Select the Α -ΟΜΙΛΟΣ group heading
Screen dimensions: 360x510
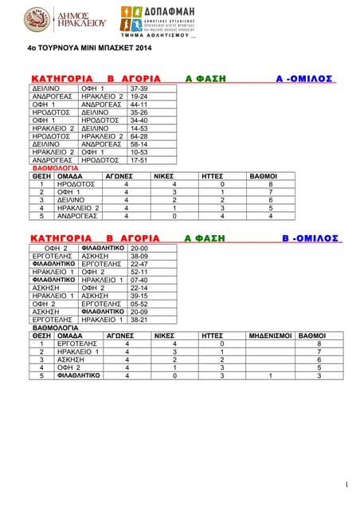[304, 79]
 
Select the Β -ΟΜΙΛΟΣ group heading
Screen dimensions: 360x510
[311, 238]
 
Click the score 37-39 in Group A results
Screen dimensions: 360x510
[139, 88]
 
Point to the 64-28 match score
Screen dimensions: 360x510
[139, 136]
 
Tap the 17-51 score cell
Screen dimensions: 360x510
[139, 160]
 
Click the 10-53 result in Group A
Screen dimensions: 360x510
[139, 152]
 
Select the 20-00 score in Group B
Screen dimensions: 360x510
[139, 249]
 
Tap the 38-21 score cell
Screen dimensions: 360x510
[139, 320]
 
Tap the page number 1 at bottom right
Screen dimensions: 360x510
[347, 484]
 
